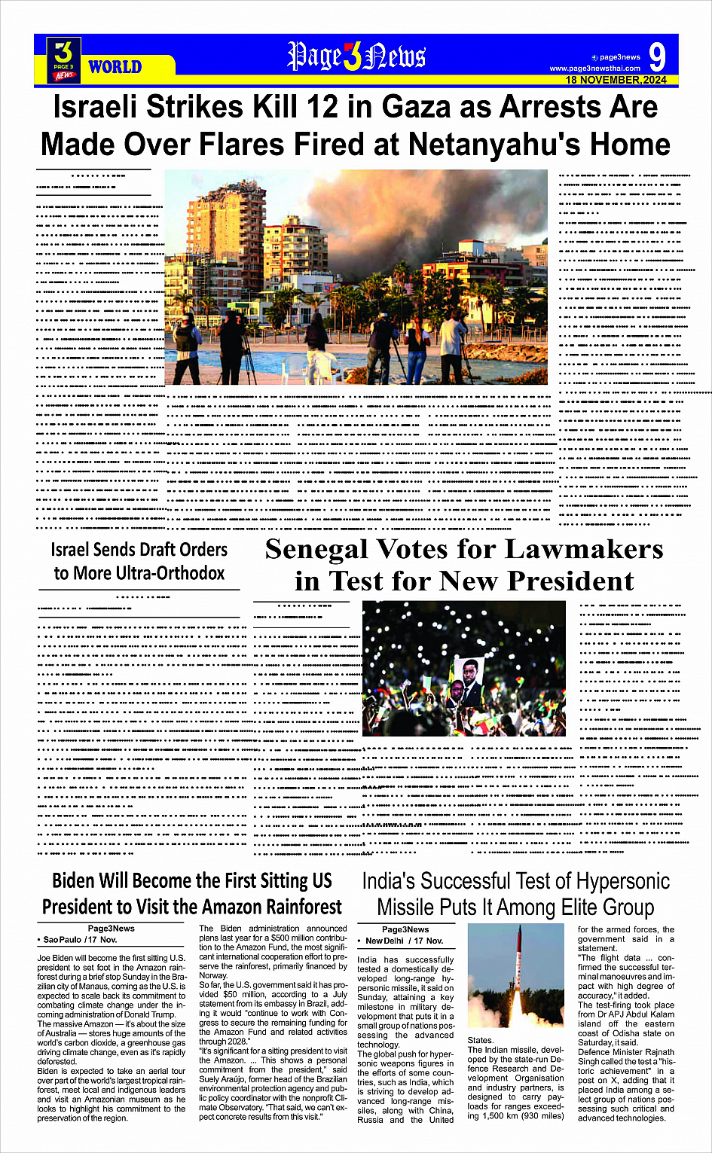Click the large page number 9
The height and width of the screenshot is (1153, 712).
coord(656,58)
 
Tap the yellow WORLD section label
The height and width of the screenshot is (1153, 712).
coord(115,67)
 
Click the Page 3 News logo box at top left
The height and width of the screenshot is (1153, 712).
coord(64,59)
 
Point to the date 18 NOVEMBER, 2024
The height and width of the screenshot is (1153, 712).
coord(616,80)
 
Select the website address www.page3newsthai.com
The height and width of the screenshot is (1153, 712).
coord(594,69)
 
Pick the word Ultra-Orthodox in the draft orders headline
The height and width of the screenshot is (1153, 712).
coord(170,573)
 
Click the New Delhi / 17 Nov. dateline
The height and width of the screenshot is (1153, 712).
coord(404,941)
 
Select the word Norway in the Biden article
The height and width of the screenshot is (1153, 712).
coord(213,975)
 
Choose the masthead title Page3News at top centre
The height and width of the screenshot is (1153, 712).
coord(356,56)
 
